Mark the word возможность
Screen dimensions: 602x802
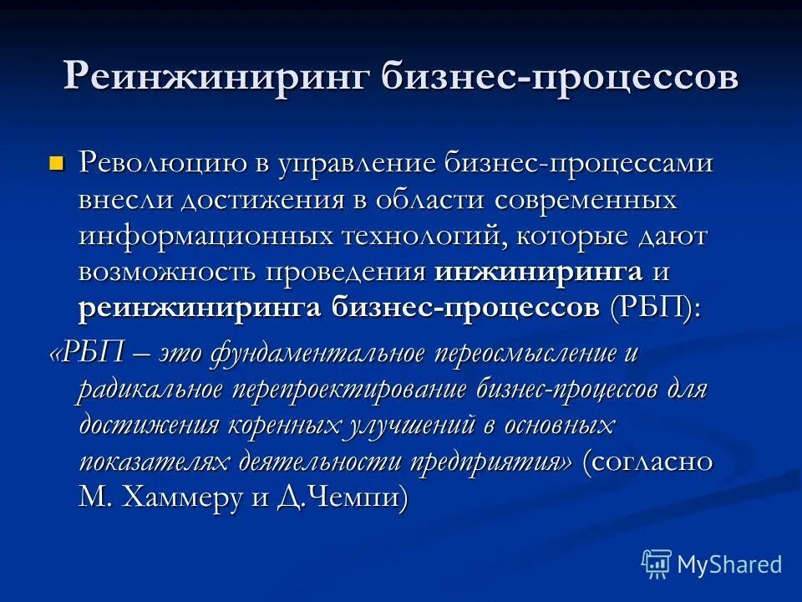(x=168, y=271)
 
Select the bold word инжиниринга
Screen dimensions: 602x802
(x=539, y=271)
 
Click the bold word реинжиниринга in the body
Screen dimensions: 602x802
(x=200, y=307)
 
